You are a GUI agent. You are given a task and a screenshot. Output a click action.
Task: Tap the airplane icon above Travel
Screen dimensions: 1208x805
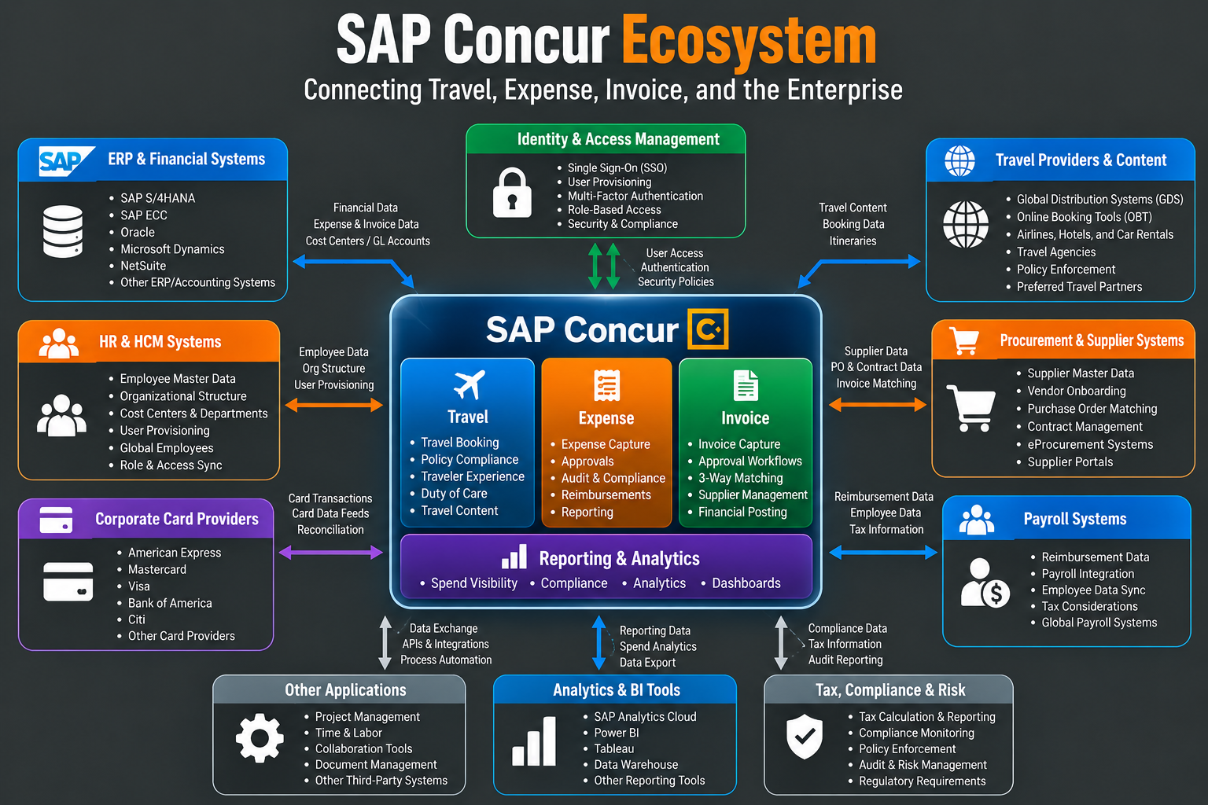pos(469,384)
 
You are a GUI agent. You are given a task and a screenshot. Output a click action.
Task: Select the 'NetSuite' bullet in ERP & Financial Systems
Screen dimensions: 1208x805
pos(143,266)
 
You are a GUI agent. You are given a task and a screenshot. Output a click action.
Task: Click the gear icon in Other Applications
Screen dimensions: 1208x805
pos(260,737)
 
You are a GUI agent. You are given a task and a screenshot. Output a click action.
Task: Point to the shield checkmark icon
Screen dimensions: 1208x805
pos(804,736)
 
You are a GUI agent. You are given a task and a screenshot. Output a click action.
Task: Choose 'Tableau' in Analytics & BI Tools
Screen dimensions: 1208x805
pos(613,748)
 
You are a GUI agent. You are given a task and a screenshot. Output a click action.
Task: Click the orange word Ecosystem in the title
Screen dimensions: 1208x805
pos(749,41)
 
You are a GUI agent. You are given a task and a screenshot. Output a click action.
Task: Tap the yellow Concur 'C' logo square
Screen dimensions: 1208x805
pos(708,329)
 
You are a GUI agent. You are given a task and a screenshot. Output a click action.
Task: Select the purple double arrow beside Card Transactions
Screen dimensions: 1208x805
pos(330,552)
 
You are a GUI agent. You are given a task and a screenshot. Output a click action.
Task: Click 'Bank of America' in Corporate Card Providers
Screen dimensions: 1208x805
pos(170,603)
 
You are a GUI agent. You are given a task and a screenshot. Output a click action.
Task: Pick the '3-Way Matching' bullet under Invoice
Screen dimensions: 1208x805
pos(740,478)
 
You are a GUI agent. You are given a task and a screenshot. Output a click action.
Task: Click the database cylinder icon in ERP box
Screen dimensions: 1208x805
pos(63,231)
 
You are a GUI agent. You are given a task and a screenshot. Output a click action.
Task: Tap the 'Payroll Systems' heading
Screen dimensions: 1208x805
pos(1075,519)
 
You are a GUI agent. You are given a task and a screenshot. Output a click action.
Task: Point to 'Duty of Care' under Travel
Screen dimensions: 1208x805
pos(454,494)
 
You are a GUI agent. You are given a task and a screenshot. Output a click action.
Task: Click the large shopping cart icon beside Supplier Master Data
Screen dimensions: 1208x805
pos(970,408)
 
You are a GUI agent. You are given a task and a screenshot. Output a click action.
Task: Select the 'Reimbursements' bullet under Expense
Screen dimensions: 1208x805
pos(606,494)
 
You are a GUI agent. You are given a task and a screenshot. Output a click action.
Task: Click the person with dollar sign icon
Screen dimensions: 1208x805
pos(984,583)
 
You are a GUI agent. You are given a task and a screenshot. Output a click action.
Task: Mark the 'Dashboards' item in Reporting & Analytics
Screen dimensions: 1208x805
pos(746,583)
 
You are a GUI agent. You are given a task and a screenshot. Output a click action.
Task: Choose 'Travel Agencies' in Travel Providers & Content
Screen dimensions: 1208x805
pos(1056,252)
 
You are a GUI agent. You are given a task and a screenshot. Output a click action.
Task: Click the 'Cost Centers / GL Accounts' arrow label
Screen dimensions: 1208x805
pos(368,241)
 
